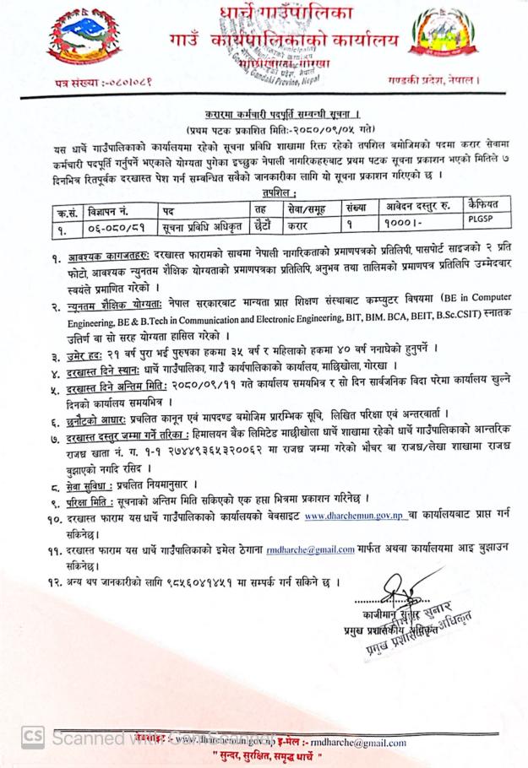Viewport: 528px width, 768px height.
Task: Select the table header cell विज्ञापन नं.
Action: tap(120, 208)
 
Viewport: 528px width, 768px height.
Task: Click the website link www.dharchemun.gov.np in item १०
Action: tap(355, 515)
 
